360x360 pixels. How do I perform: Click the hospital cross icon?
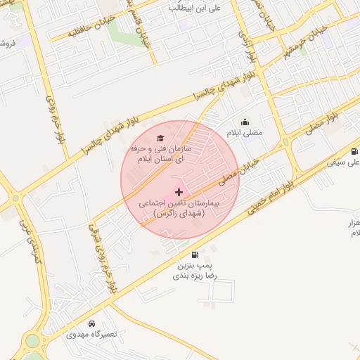(179, 191)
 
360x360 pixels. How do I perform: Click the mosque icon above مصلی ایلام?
(245, 122)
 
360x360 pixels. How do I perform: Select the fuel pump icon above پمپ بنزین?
(195, 255)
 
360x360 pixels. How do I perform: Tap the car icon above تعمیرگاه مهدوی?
(92, 323)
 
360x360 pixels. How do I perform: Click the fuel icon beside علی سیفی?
(354, 151)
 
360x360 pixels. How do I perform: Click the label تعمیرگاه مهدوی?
(88, 335)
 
